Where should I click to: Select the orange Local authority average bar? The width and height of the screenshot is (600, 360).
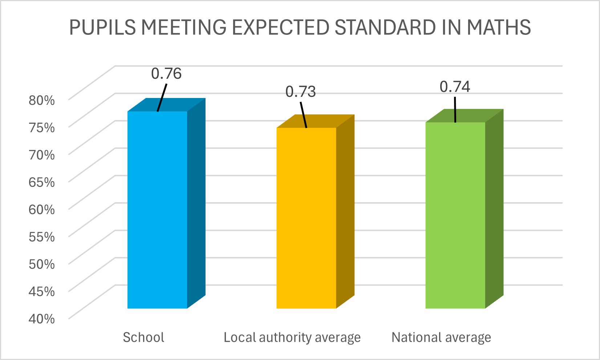click(x=306, y=218)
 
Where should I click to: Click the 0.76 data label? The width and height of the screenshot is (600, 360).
click(x=166, y=74)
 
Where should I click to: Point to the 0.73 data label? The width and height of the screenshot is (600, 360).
click(x=300, y=92)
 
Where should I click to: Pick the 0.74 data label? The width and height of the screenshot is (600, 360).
click(x=455, y=87)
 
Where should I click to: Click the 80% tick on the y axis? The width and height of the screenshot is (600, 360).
click(x=42, y=100)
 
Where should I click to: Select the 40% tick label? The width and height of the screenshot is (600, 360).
click(x=42, y=319)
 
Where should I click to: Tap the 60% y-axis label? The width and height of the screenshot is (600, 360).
click(x=42, y=209)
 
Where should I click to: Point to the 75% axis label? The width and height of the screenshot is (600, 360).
click(x=42, y=127)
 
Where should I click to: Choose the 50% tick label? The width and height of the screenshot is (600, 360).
click(x=42, y=264)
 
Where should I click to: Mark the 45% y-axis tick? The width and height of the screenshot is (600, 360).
click(x=42, y=291)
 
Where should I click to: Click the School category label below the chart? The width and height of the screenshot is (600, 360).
click(x=143, y=337)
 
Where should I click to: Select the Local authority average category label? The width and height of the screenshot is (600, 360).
click(x=292, y=337)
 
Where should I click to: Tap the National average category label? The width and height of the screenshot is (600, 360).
click(x=441, y=337)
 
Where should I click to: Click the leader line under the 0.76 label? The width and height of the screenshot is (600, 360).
click(x=162, y=98)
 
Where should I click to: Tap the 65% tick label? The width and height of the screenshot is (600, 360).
click(x=42, y=182)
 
